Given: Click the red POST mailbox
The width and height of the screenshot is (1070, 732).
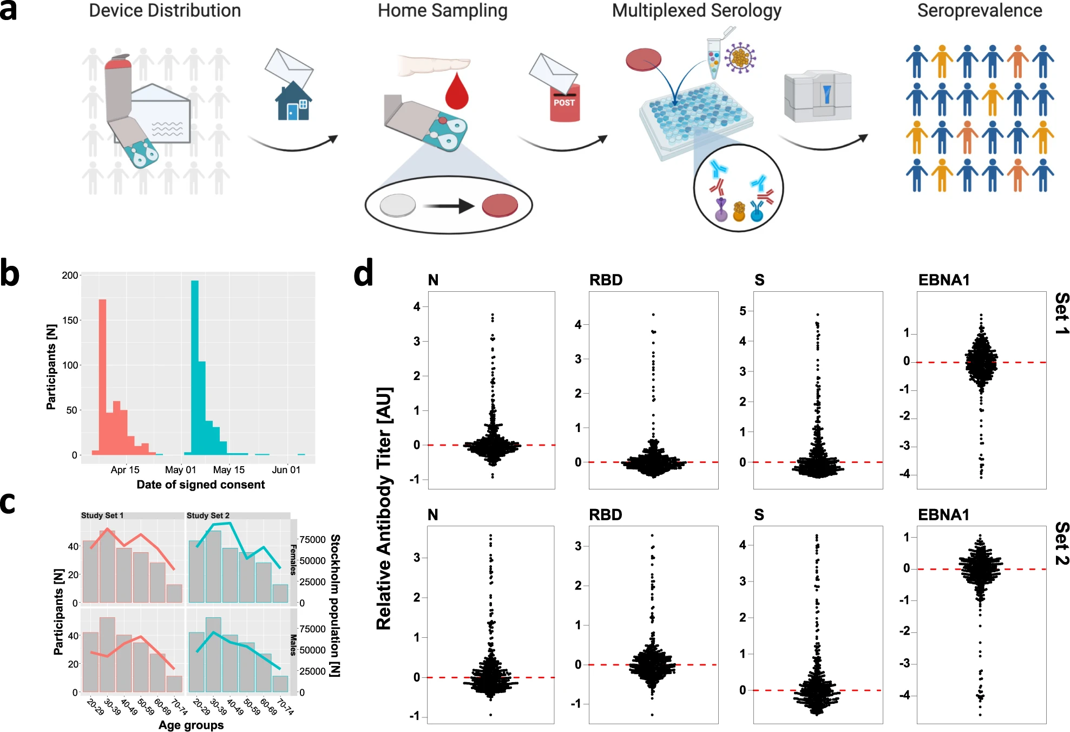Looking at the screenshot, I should click(564, 103).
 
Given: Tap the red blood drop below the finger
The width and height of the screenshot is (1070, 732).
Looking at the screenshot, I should click(457, 92).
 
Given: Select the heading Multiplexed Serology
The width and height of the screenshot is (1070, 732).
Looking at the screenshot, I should click(696, 11).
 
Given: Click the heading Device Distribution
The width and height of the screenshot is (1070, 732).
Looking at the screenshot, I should click(165, 11).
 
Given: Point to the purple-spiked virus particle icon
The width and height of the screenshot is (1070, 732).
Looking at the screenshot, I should click(740, 57).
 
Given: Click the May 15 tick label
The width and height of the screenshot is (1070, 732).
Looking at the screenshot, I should click(228, 470).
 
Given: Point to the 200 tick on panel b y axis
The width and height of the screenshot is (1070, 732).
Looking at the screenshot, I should click(70, 275).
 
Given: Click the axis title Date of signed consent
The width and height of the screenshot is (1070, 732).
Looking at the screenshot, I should click(200, 485).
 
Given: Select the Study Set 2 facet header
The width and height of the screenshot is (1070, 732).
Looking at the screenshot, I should click(208, 515).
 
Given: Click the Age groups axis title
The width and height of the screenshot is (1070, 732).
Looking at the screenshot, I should click(191, 725).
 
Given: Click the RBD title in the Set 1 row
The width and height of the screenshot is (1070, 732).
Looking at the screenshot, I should click(606, 280).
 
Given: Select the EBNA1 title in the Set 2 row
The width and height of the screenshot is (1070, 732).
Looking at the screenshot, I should click(943, 514).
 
